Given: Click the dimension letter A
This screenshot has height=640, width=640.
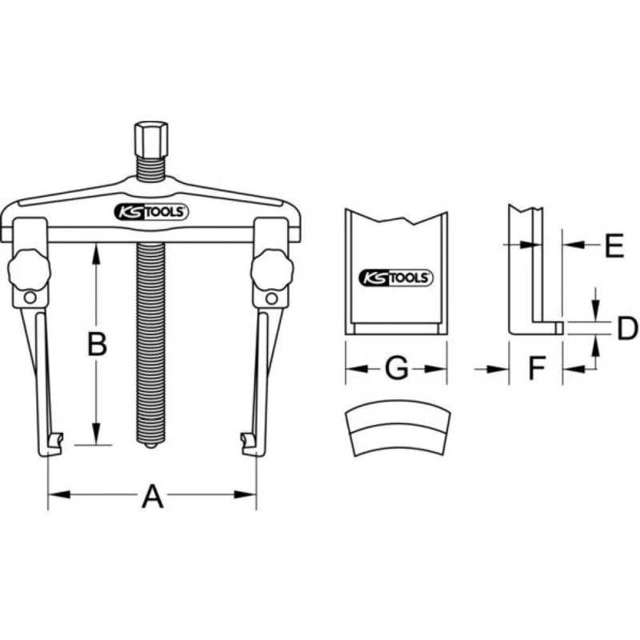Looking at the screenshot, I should pyautogui.click(x=152, y=497).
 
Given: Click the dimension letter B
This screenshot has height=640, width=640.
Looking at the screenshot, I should pyautogui.click(x=97, y=345).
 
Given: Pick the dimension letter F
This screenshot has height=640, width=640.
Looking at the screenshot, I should pyautogui.click(x=536, y=369).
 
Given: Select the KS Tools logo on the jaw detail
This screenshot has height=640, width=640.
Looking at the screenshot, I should pyautogui.click(x=395, y=278).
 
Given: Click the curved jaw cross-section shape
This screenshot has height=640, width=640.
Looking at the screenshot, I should pyautogui.click(x=396, y=433).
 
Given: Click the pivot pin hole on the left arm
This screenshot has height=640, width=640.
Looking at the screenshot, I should pyautogui.click(x=30, y=299).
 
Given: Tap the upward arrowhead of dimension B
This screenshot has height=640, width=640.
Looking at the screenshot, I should pyautogui.click(x=97, y=251).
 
